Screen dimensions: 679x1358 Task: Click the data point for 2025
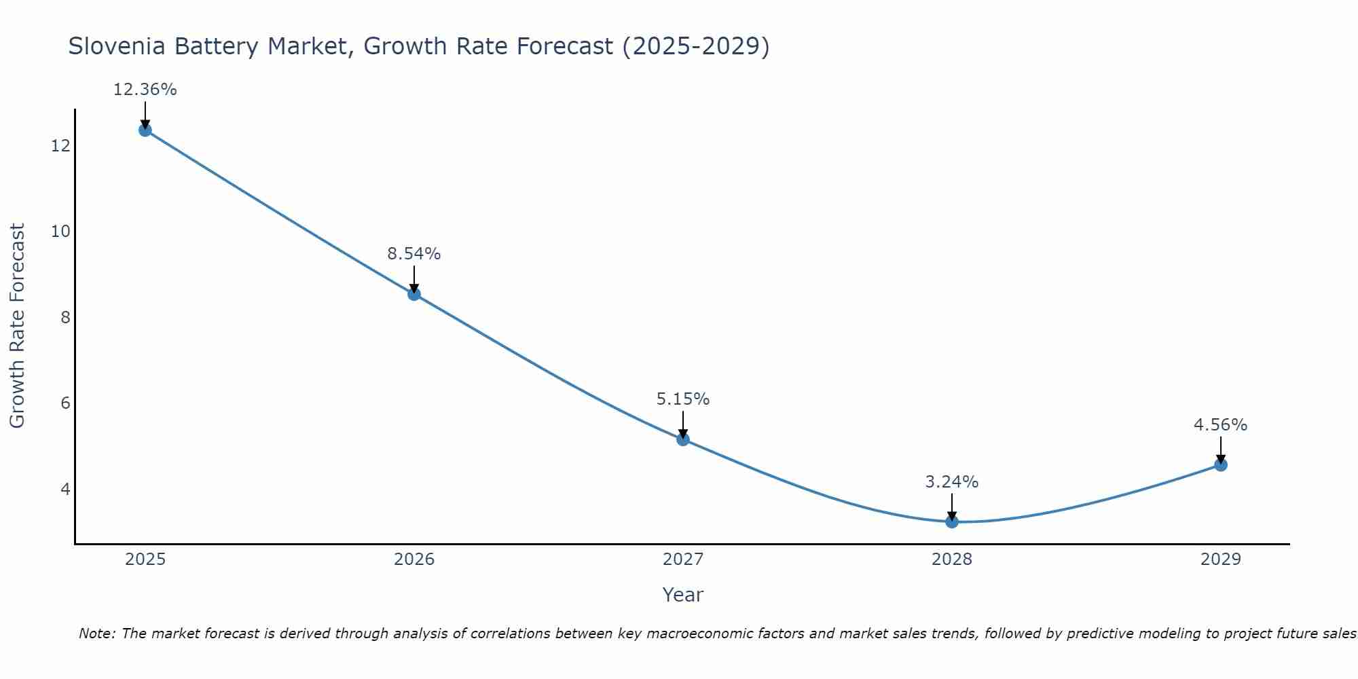pyautogui.click(x=145, y=130)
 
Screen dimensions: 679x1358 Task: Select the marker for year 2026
pyautogui.click(x=414, y=294)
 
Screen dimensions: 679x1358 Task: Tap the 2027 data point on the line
pyautogui.click(x=683, y=439)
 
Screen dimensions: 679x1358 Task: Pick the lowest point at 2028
pyautogui.click(x=952, y=521)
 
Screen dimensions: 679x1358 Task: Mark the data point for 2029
pyautogui.click(x=1221, y=465)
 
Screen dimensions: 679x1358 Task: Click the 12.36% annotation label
pyautogui.click(x=145, y=90)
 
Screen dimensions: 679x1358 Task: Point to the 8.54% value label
pyautogui.click(x=414, y=254)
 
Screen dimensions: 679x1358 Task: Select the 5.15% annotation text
pyautogui.click(x=683, y=399)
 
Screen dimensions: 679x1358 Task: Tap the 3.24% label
pyautogui.click(x=952, y=482)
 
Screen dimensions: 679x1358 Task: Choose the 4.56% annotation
pyautogui.click(x=1221, y=425)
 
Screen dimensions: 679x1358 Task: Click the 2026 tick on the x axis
pyautogui.click(x=414, y=559)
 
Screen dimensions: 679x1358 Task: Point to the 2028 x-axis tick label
pyautogui.click(x=952, y=559)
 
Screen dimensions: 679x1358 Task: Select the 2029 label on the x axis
pyautogui.click(x=1221, y=559)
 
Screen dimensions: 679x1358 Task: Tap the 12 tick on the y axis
pyautogui.click(x=60, y=145)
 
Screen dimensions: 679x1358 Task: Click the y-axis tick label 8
pyautogui.click(x=65, y=317)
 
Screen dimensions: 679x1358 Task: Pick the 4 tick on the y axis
pyautogui.click(x=65, y=489)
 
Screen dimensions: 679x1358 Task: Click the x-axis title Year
pyautogui.click(x=683, y=595)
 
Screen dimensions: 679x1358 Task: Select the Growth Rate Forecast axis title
pyautogui.click(x=18, y=326)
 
